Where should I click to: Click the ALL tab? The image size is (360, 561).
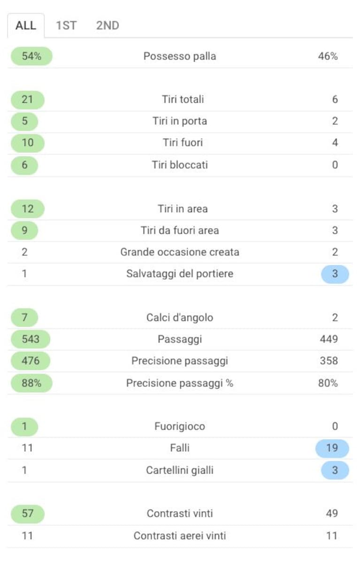[26, 25]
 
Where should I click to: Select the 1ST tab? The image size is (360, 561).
[66, 25]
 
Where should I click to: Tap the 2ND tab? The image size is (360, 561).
[107, 25]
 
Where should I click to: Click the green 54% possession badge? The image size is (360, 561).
[31, 56]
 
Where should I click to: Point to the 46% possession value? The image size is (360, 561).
[328, 56]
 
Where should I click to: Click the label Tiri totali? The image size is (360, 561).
[183, 99]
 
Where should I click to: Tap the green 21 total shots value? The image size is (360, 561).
[28, 100]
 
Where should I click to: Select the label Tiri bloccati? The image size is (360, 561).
[180, 165]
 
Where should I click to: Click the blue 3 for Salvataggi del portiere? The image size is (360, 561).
[335, 274]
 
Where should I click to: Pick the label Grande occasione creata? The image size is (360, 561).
[180, 252]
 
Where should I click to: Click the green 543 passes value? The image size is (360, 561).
[31, 339]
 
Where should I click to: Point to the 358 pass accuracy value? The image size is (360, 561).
[329, 361]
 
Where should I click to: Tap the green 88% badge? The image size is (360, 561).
[31, 383]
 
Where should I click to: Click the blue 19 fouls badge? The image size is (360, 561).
[332, 448]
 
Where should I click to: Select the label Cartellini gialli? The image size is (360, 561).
[180, 470]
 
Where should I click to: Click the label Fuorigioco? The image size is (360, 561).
[180, 426]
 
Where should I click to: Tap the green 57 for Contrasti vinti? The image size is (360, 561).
[28, 514]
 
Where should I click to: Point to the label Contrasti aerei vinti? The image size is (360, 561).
[180, 536]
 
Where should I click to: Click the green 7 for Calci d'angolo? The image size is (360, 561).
[24, 317]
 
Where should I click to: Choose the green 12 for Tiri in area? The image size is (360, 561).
[28, 209]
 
